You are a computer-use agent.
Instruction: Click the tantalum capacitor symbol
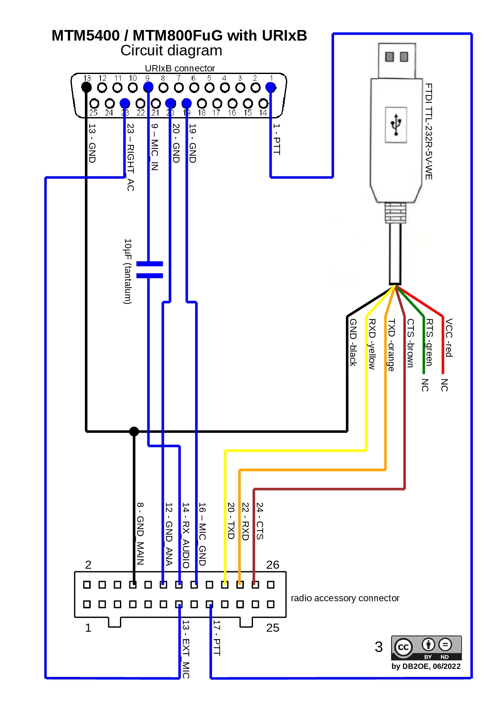150,270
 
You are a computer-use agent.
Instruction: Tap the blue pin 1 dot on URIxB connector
271,88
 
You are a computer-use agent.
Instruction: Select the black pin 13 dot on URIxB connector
87,88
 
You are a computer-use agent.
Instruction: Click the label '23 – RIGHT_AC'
131,157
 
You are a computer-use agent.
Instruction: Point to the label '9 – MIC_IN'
155,147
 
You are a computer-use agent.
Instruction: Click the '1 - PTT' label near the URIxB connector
277,139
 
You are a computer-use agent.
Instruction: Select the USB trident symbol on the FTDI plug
396,124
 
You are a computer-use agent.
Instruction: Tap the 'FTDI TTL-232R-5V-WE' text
429,131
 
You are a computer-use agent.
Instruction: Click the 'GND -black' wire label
353,342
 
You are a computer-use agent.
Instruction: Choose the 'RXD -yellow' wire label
372,344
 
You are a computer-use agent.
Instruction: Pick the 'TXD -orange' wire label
391,345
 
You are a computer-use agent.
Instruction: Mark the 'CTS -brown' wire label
410,343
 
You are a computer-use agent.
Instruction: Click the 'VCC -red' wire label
449,338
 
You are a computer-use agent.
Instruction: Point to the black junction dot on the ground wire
134,431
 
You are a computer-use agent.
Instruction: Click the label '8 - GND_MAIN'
140,534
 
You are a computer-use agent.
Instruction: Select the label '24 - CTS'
260,521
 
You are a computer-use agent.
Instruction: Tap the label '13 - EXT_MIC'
186,649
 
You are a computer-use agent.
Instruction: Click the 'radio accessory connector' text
345,598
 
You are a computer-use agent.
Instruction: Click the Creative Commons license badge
426,647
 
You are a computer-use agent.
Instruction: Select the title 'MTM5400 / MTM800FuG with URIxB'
179,36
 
